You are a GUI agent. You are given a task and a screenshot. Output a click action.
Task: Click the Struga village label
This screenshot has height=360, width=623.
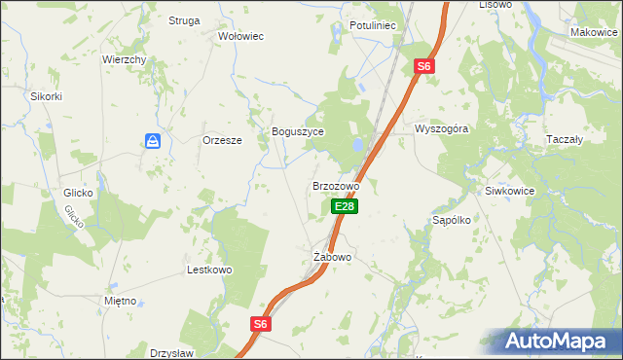point(183,20)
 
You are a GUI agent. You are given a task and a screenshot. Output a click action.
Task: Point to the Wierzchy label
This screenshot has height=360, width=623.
point(125,59)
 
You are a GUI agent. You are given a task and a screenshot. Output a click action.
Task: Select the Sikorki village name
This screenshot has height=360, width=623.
point(46,96)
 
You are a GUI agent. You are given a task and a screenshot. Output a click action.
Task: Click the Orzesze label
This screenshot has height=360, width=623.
point(221,139)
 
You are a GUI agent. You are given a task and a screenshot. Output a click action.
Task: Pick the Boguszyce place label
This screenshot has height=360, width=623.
point(297,131)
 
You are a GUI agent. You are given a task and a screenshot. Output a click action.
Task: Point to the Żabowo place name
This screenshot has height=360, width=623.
point(332,257)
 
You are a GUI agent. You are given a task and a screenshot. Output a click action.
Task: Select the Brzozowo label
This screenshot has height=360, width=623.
point(336,185)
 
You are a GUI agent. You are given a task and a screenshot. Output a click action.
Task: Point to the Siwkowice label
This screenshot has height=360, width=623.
point(510,191)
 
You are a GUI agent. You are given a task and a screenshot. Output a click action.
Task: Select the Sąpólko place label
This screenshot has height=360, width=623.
point(452,220)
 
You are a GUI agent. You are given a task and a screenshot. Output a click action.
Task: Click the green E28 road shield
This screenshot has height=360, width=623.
point(345,206)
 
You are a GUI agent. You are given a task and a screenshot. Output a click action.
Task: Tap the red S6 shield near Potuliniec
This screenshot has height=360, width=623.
point(422,66)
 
